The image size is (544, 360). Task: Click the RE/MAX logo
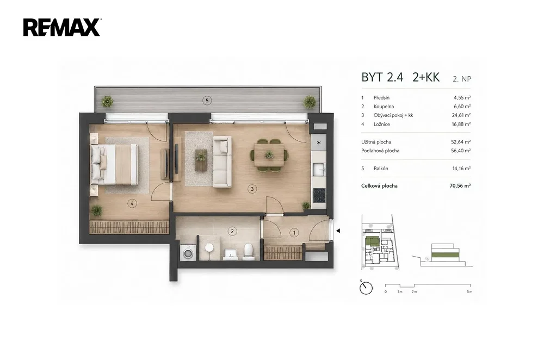click(x=62, y=27)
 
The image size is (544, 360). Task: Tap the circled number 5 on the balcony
click(x=207, y=101)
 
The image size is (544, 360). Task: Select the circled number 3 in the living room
click(x=252, y=189)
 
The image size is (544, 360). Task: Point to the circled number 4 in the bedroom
click(x=132, y=203)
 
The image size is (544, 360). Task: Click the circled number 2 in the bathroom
click(x=232, y=231)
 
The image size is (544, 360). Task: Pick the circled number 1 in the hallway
click(x=294, y=232)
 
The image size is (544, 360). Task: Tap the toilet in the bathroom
click(x=249, y=251)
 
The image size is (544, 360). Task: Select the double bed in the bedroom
click(x=114, y=164)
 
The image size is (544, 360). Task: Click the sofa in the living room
click(x=222, y=162)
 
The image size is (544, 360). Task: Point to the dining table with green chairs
click(x=269, y=155)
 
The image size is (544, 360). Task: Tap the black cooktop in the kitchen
click(x=319, y=195)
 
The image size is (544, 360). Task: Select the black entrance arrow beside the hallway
click(x=338, y=231)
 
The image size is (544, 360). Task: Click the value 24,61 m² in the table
click(x=461, y=115)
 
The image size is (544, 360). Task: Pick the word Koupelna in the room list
click(x=384, y=107)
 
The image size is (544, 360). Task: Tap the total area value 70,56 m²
click(x=460, y=185)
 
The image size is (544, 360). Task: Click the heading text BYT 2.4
click(x=382, y=77)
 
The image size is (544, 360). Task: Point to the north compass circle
click(x=366, y=288)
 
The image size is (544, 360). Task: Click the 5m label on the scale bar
click(x=469, y=291)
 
